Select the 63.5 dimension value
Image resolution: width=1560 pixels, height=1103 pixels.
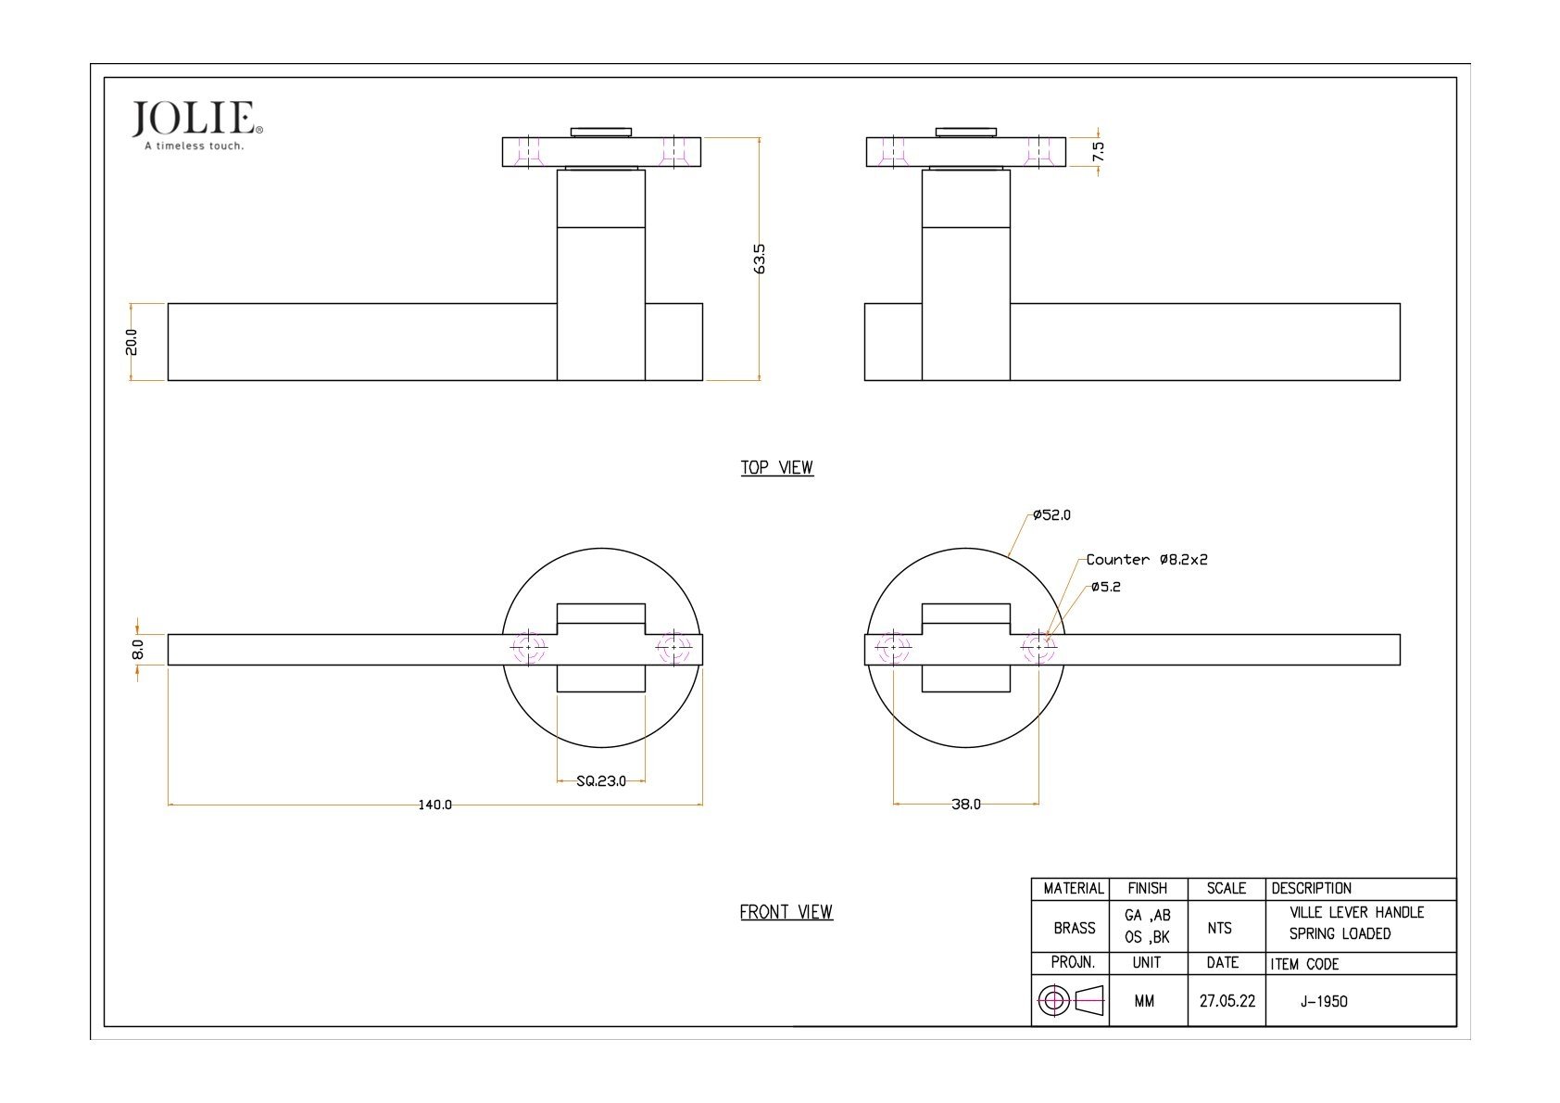(x=759, y=259)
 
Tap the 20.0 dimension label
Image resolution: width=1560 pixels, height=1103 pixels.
(x=131, y=342)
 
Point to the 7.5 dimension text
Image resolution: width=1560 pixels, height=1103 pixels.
(x=1099, y=151)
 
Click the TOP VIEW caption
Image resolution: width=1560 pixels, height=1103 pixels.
(x=776, y=467)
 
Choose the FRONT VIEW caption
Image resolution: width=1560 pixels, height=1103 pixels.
(x=786, y=912)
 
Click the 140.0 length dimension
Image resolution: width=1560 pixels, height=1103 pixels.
(x=434, y=805)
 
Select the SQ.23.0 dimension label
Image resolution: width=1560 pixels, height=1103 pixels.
(x=601, y=781)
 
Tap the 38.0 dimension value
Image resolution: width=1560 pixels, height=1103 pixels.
(x=966, y=805)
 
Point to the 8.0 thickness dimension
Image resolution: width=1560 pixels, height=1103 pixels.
(x=138, y=650)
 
